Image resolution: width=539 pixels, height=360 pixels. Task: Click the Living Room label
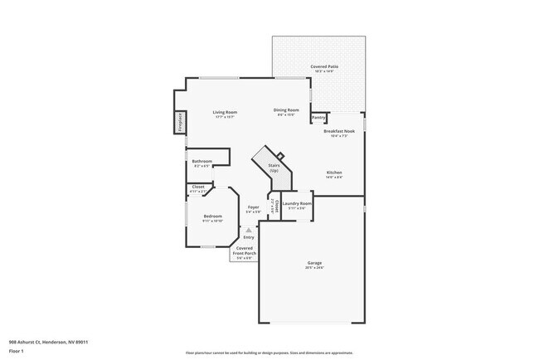pyautogui.click(x=225, y=112)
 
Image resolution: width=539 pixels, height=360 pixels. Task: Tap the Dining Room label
pyautogui.click(x=286, y=110)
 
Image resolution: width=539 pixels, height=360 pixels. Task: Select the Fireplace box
pyautogui.click(x=179, y=122)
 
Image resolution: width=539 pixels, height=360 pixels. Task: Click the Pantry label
pyautogui.click(x=318, y=118)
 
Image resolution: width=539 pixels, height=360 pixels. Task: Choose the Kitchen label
pyautogui.click(x=334, y=173)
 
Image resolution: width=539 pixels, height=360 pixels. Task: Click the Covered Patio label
pyautogui.click(x=323, y=66)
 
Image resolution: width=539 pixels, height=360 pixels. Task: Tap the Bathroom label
pyautogui.click(x=202, y=161)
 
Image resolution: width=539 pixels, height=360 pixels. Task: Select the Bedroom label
pyautogui.click(x=212, y=216)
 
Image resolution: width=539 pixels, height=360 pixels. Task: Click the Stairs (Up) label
pyautogui.click(x=274, y=167)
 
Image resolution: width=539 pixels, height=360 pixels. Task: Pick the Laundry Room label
pyautogui.click(x=296, y=203)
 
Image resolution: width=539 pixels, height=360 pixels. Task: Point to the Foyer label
pyautogui.click(x=253, y=207)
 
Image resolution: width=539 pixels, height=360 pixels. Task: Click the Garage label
pyautogui.click(x=314, y=263)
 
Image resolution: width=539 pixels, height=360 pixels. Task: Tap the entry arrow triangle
pyautogui.click(x=249, y=230)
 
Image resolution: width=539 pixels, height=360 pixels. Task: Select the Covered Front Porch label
pyautogui.click(x=245, y=251)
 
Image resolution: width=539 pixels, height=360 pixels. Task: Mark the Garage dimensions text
pyautogui.click(x=314, y=268)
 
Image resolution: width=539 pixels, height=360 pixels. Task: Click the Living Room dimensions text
pyautogui.click(x=225, y=117)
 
